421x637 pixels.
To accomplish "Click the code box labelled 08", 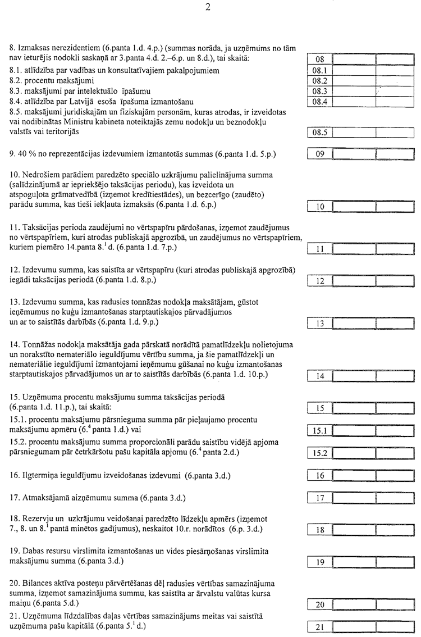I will (x=321, y=60).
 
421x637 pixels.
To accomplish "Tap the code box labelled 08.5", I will (x=321, y=133).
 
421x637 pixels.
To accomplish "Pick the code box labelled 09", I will (x=321, y=154).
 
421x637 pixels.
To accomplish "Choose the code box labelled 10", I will (x=321, y=207).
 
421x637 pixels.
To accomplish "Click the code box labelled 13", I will (x=321, y=323).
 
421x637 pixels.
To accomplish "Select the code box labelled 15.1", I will (x=321, y=431).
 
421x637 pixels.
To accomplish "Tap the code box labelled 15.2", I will (x=321, y=453).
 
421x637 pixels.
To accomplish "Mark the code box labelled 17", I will (x=321, y=498).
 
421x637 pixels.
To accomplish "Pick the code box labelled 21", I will (x=321, y=626).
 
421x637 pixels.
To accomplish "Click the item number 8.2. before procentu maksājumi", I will (x=17, y=81).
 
